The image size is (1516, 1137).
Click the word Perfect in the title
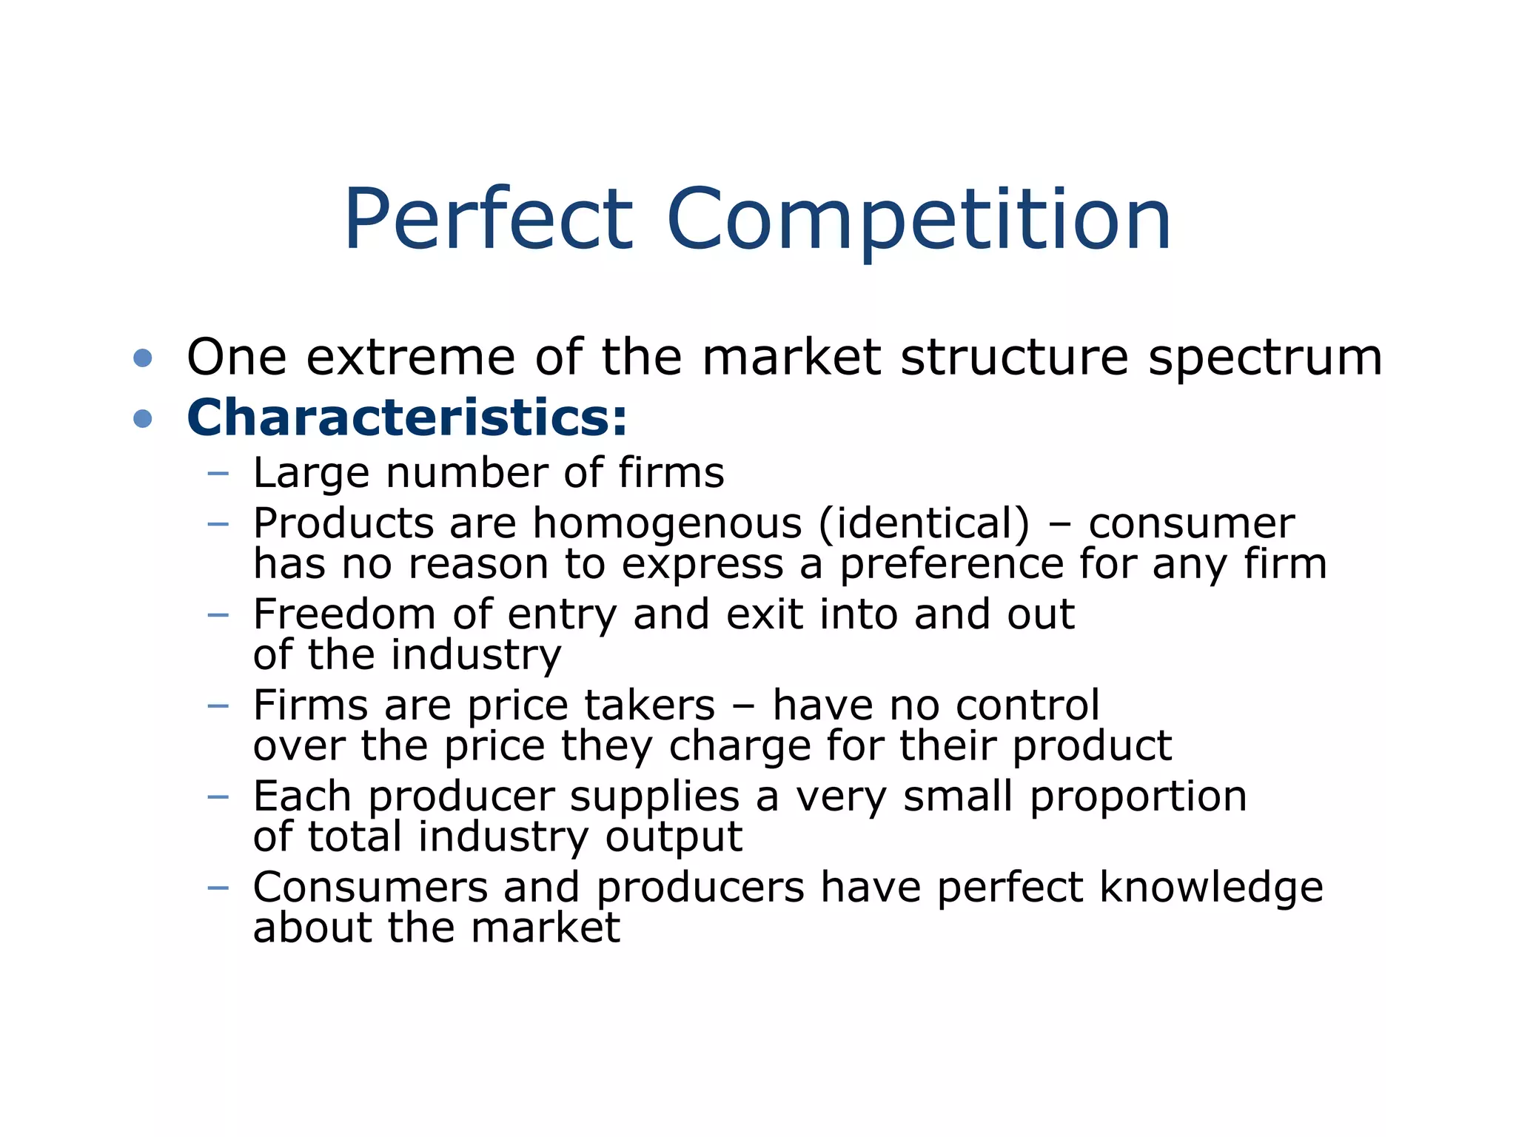coord(489,219)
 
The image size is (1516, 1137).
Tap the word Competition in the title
coord(918,219)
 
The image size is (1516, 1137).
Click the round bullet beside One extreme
coord(143,359)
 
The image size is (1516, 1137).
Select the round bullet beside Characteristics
coord(143,420)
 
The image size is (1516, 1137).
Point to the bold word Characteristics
coord(406,417)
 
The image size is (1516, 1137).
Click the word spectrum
coord(1265,358)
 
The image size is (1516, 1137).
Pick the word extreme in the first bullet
coord(411,358)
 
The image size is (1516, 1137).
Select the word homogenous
coord(667,523)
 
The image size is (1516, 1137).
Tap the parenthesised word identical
coord(924,523)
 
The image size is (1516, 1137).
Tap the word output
coord(674,837)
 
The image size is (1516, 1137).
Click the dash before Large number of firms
coord(218,473)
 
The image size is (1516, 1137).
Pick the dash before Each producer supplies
coord(218,797)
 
